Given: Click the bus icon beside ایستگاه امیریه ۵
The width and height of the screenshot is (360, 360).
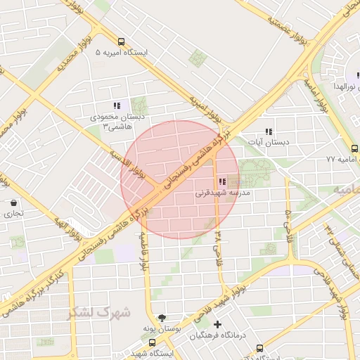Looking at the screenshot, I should (x=122, y=41).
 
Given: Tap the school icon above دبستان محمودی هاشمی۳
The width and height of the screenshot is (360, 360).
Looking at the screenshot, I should (x=117, y=105).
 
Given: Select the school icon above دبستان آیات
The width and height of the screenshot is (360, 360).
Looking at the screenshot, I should (x=268, y=131).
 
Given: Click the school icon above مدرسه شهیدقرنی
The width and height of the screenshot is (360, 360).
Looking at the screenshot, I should (x=222, y=181).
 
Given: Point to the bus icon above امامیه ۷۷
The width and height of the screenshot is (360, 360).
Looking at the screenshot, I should (x=354, y=148).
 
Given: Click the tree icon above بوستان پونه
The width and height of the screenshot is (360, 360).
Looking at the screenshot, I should (x=163, y=318).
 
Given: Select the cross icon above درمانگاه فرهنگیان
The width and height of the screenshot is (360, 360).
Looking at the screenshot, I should (x=218, y=325).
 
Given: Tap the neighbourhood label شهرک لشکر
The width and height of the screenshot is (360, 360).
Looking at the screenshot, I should (x=98, y=311).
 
